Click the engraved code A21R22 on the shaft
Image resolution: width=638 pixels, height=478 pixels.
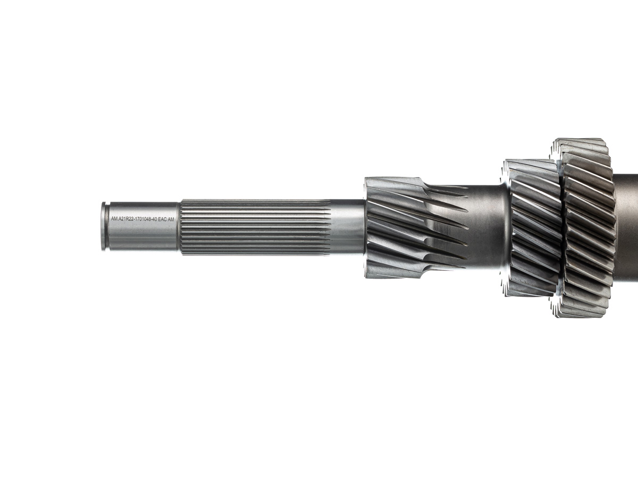point(127,219)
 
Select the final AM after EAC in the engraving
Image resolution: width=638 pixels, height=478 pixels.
point(171,219)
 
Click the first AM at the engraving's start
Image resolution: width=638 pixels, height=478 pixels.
point(114,219)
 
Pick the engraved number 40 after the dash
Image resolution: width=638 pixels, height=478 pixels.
point(155,219)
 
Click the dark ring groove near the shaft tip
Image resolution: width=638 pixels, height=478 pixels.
point(107,226)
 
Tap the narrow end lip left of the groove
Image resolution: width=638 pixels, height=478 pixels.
point(103,226)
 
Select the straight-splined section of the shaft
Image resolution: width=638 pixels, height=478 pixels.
point(255,227)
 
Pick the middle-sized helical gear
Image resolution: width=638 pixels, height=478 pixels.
point(532,227)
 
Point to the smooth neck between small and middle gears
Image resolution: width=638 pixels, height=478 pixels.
point(486,227)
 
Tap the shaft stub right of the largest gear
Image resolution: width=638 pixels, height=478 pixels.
point(627,227)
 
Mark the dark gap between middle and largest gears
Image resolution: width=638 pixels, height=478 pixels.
point(561,227)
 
